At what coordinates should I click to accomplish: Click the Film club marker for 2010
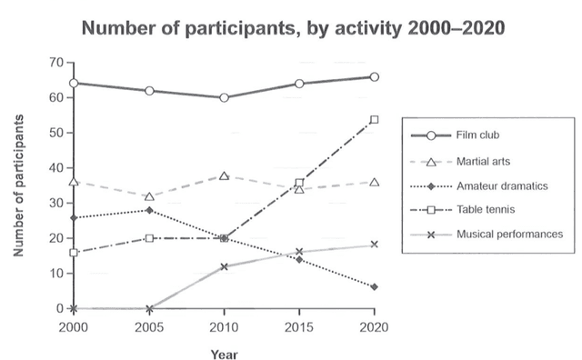point(224,97)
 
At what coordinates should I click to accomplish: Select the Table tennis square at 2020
point(374,119)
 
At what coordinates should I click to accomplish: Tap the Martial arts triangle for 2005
point(148,196)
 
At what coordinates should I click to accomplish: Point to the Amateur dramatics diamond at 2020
point(374,287)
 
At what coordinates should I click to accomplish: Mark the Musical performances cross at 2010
point(224,266)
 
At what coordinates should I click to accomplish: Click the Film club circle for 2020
point(374,77)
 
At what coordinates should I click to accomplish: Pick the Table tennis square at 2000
point(74,252)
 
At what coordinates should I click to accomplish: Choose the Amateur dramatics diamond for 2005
point(148,210)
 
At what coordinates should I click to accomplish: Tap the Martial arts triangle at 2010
point(224,175)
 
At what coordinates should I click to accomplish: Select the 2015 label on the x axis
point(298,326)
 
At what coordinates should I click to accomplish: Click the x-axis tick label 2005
point(148,326)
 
